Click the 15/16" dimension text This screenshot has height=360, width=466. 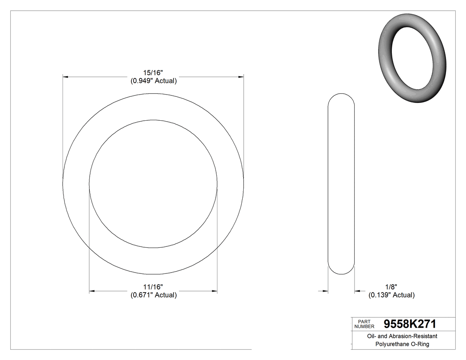[153, 73]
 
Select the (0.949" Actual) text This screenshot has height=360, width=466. [153, 81]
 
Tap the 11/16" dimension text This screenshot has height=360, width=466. [153, 287]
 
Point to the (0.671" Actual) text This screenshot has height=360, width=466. [153, 295]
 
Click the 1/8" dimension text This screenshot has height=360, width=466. [391, 287]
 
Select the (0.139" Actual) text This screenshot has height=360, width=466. [391, 295]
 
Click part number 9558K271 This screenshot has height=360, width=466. [410, 324]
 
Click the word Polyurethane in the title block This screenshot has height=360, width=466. [392, 344]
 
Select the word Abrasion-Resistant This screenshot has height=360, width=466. [412, 336]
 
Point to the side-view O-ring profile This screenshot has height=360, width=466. [341, 184]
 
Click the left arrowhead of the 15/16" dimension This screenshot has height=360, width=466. [65, 77]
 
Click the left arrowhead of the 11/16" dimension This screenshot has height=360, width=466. [92, 291]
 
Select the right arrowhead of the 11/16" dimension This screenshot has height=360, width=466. [214, 291]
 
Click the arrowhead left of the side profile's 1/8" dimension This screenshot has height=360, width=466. [325, 291]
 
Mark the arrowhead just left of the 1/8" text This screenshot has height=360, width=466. [357, 291]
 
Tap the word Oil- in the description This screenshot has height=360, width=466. [371, 336]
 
